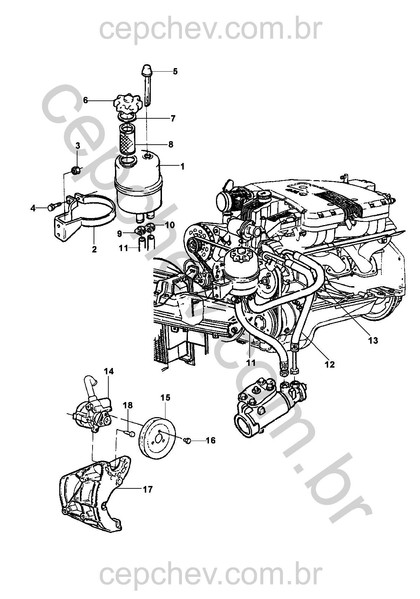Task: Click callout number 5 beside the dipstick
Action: click(x=175, y=72)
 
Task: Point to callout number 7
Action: click(x=173, y=118)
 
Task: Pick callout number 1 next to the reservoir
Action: click(x=182, y=166)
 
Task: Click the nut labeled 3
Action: click(x=75, y=170)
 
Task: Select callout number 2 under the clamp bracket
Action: click(x=94, y=250)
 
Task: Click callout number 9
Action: click(x=119, y=234)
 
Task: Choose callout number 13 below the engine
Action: click(x=373, y=341)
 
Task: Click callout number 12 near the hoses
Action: click(x=330, y=364)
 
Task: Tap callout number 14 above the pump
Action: click(x=109, y=371)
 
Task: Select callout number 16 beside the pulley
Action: click(x=211, y=440)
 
